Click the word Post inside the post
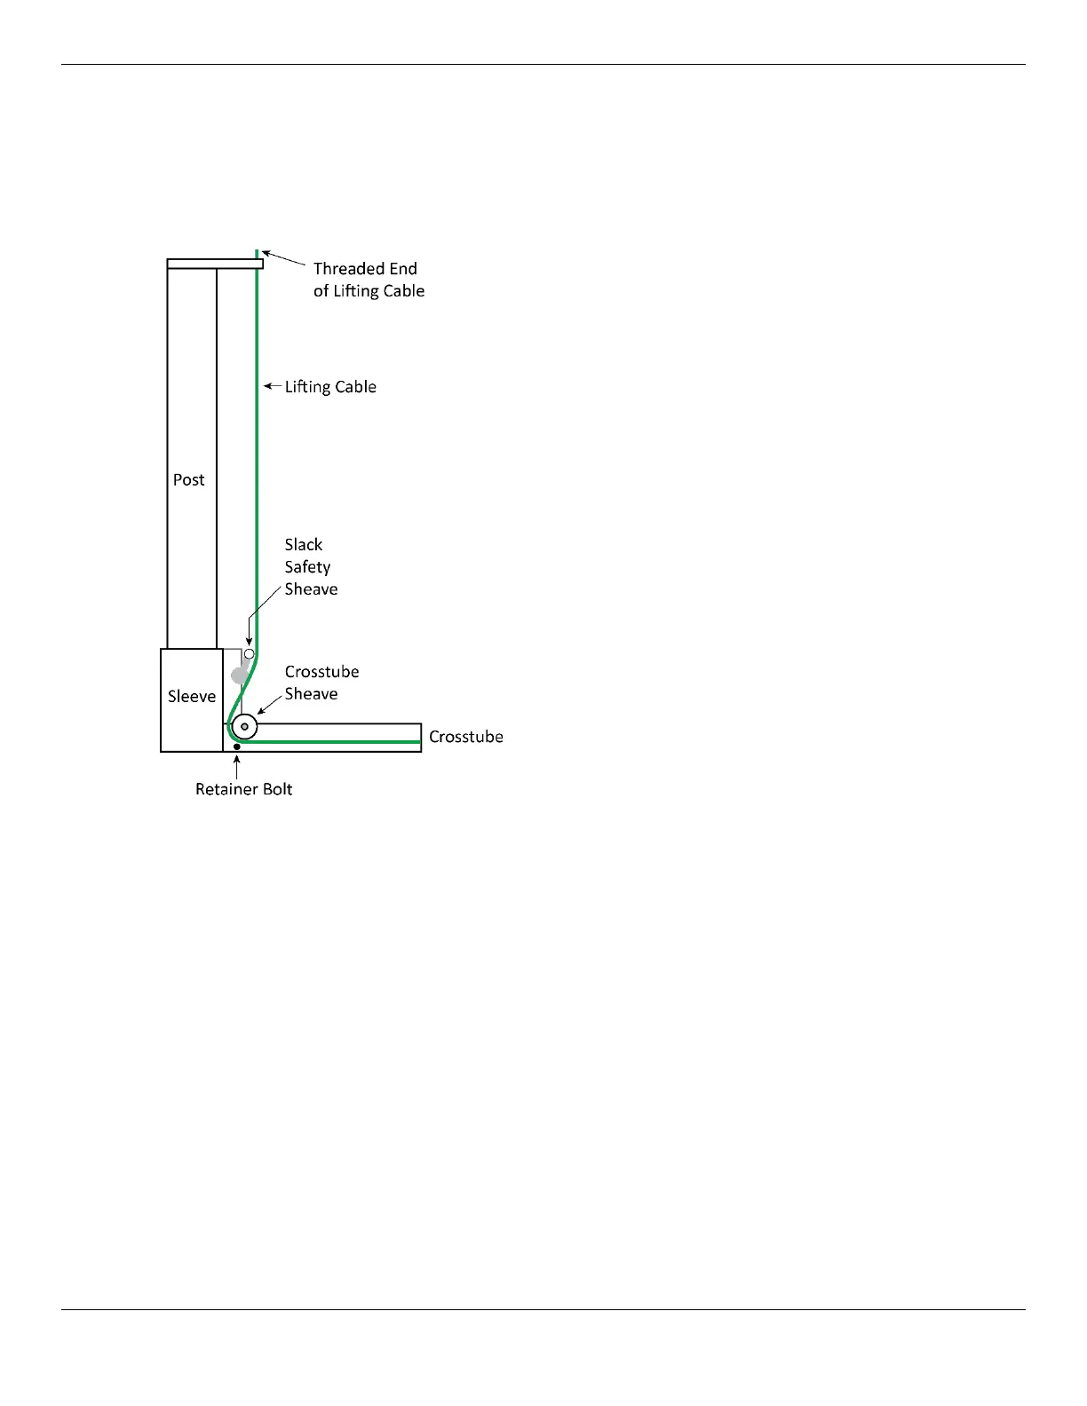click(x=188, y=480)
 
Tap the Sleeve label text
click(x=192, y=697)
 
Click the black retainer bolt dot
click(x=237, y=747)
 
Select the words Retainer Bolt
click(x=243, y=789)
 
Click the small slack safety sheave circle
click(x=250, y=654)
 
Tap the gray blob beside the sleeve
click(x=239, y=675)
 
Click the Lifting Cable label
click(x=330, y=387)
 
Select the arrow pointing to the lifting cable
click(x=273, y=386)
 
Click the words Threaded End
click(x=365, y=268)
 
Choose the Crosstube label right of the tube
click(x=465, y=737)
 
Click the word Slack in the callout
click(x=304, y=545)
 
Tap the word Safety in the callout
click(x=307, y=567)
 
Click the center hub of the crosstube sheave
click(x=244, y=727)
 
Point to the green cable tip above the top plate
click(x=258, y=254)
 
